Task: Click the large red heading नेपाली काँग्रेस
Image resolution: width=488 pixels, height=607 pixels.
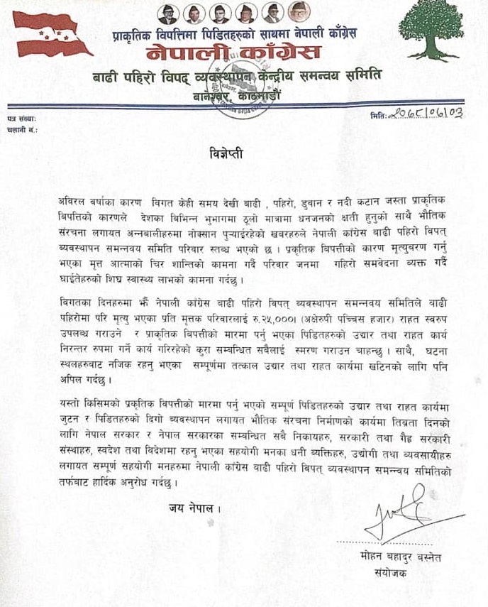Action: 233,53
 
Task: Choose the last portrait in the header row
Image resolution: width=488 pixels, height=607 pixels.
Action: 293,12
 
